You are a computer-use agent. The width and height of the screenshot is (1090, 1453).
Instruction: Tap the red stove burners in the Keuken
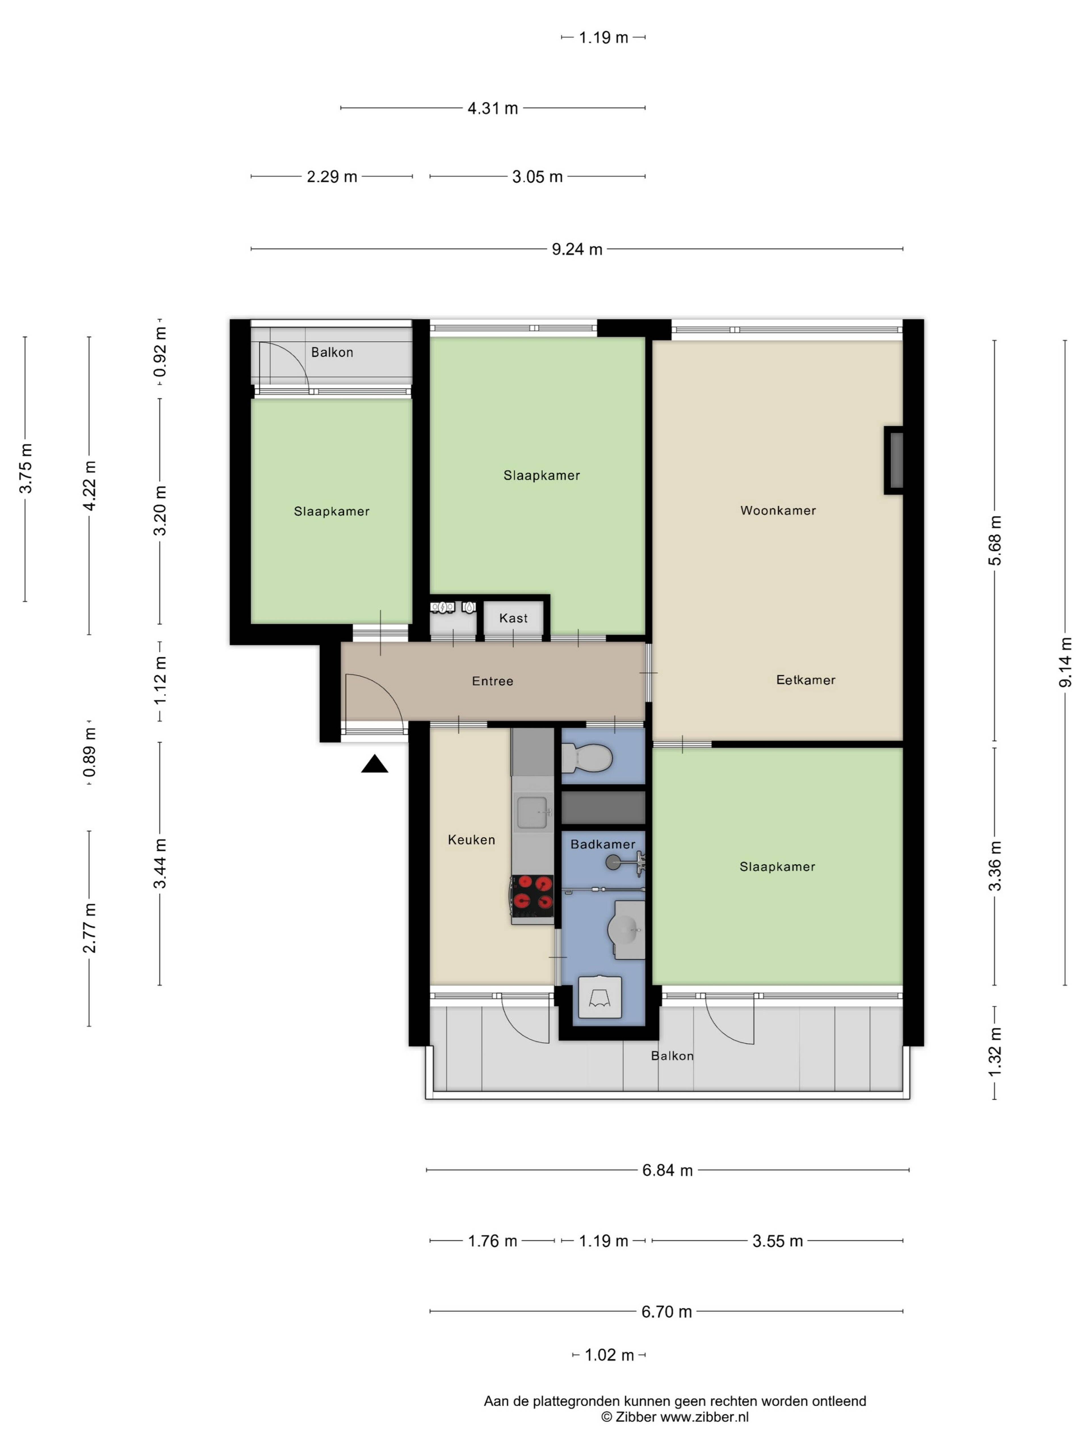point(532,895)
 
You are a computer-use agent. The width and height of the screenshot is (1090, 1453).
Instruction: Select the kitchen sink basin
point(532,812)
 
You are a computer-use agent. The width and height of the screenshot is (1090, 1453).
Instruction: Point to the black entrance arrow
point(374,764)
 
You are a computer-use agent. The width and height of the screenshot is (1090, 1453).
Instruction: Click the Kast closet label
point(513,618)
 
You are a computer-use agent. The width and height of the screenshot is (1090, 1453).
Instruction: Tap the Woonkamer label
point(778,510)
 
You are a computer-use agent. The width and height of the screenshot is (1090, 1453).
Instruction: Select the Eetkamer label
point(806,680)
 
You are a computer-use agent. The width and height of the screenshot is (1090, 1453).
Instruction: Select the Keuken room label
point(471,839)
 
